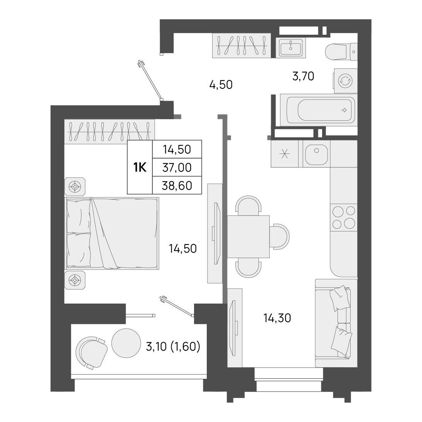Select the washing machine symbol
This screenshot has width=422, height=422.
click(346, 80)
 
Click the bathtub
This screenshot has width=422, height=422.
click(319, 110)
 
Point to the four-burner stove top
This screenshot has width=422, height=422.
click(344, 217)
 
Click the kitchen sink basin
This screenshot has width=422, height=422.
click(316, 154)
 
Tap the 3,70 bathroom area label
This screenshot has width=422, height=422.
click(303, 76)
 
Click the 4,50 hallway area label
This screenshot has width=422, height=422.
click(221, 85)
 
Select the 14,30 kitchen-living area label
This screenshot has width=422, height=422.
click(277, 318)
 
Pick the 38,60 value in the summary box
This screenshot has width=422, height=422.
click(177, 186)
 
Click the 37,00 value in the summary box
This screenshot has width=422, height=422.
click(177, 167)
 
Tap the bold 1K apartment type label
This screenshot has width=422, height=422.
click(140, 168)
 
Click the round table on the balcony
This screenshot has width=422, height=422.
click(126, 343)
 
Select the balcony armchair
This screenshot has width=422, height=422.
click(91, 352)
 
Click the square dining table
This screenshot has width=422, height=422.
click(249, 236)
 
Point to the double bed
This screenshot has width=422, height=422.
click(112, 233)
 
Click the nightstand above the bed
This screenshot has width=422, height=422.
click(75, 186)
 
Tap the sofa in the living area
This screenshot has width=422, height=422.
click(336, 323)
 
